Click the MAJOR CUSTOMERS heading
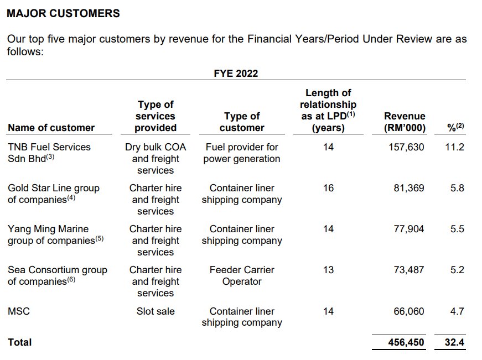pyautogui.click(x=63, y=13)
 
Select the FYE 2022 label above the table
pyautogui.click(x=236, y=73)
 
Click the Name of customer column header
pyautogui.click(x=51, y=128)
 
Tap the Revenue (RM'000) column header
pyautogui.click(x=405, y=122)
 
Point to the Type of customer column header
pyautogui.click(x=242, y=122)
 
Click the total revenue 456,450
pyautogui.click(x=406, y=342)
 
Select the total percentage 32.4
pyautogui.click(x=454, y=342)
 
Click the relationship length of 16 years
pyautogui.click(x=328, y=188)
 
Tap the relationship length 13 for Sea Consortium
pyautogui.click(x=328, y=270)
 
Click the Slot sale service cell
pyautogui.click(x=156, y=311)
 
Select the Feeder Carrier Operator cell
pyautogui.click(x=242, y=275)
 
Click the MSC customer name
pyautogui.click(x=19, y=311)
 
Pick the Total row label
pyautogui.click(x=20, y=342)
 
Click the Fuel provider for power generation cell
pyautogui.click(x=242, y=153)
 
